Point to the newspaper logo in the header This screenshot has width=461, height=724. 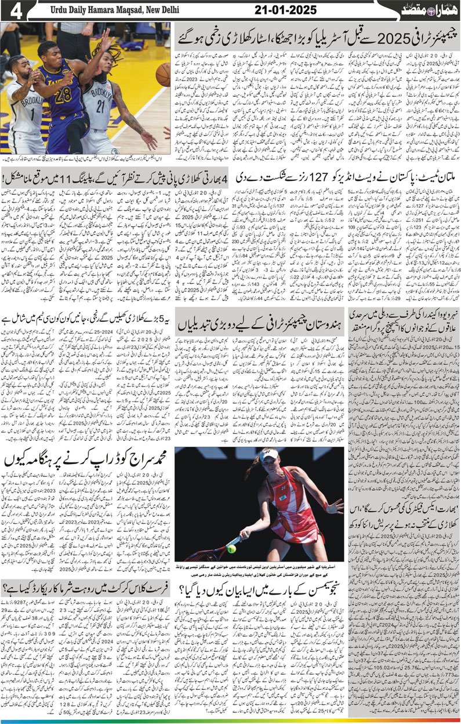(x=427, y=10)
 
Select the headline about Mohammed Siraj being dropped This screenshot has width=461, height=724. (x=87, y=460)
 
